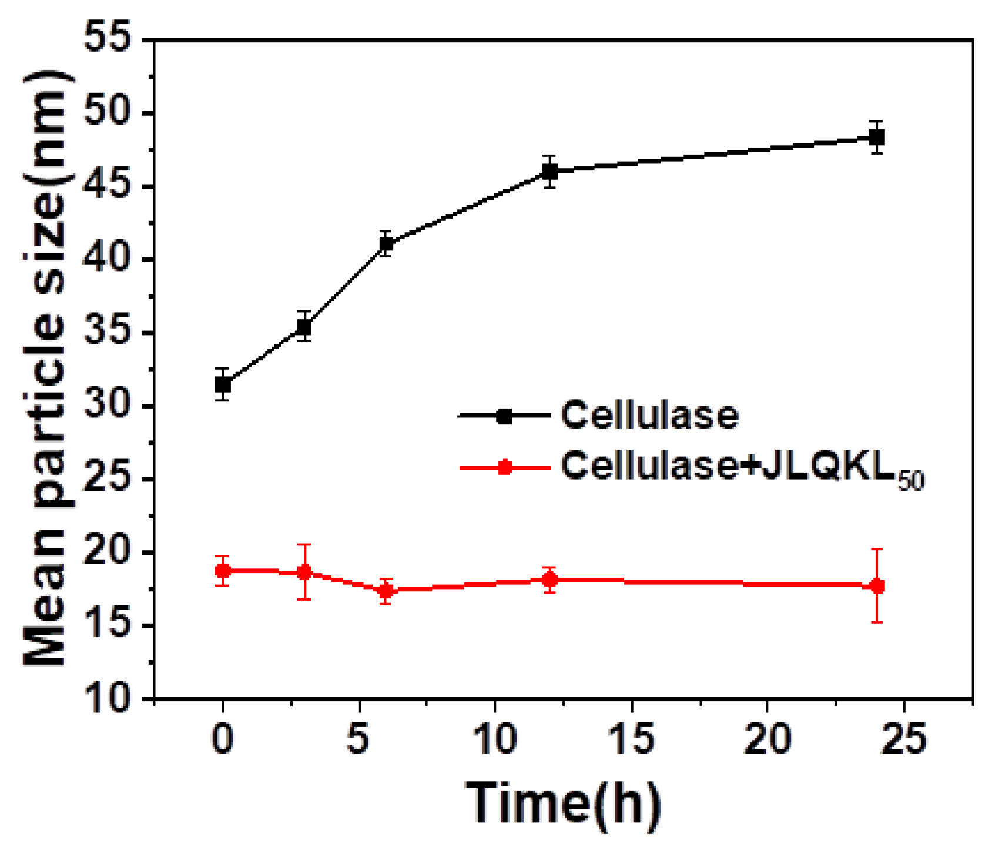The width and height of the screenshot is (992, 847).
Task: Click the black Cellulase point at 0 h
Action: (222, 385)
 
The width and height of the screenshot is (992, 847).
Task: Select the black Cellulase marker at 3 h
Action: (304, 326)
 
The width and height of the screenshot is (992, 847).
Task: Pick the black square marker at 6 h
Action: (386, 243)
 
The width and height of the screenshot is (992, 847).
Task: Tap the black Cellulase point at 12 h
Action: (549, 172)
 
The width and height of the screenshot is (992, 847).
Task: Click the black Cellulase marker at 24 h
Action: (876, 138)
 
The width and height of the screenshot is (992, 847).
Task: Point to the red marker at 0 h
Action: (222, 570)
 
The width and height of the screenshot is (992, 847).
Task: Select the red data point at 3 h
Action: (304, 572)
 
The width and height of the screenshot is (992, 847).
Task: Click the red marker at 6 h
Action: (386, 591)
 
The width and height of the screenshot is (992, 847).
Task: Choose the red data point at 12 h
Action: (549, 580)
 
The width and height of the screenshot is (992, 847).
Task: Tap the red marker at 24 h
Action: (877, 586)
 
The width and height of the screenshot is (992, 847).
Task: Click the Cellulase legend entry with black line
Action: (649, 416)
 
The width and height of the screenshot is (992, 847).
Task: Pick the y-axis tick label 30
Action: (115, 406)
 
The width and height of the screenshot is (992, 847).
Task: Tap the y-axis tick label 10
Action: (115, 699)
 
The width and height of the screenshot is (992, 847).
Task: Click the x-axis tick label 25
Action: (903, 739)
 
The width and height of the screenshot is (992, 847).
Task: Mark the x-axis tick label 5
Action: (358, 739)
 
